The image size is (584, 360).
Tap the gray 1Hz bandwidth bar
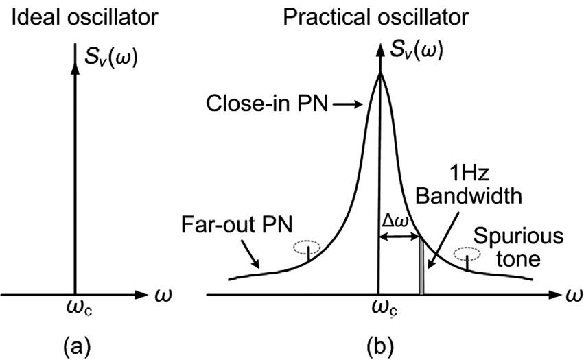tap(422, 268)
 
